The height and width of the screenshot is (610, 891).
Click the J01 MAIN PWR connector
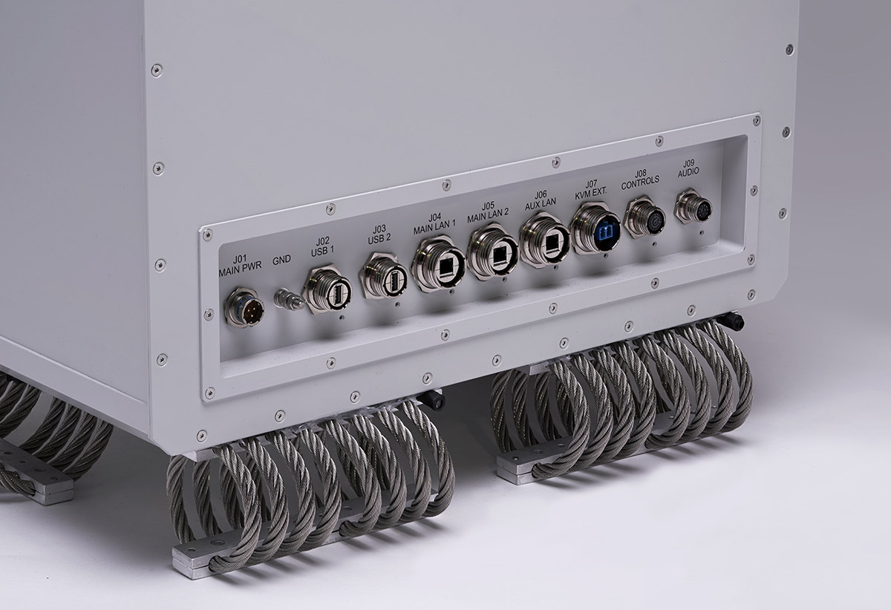coord(244,307)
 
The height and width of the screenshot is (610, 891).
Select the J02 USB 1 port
coord(327,289)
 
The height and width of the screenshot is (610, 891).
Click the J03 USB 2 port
coord(384,276)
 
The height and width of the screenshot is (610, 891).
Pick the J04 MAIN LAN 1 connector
coord(438,263)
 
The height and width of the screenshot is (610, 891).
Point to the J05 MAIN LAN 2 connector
coord(493,251)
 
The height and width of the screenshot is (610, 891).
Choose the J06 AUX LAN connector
coord(545,240)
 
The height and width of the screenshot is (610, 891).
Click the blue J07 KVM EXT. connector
coord(595,229)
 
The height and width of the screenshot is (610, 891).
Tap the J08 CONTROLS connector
coord(644,217)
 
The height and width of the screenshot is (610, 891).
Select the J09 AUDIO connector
coord(693,206)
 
